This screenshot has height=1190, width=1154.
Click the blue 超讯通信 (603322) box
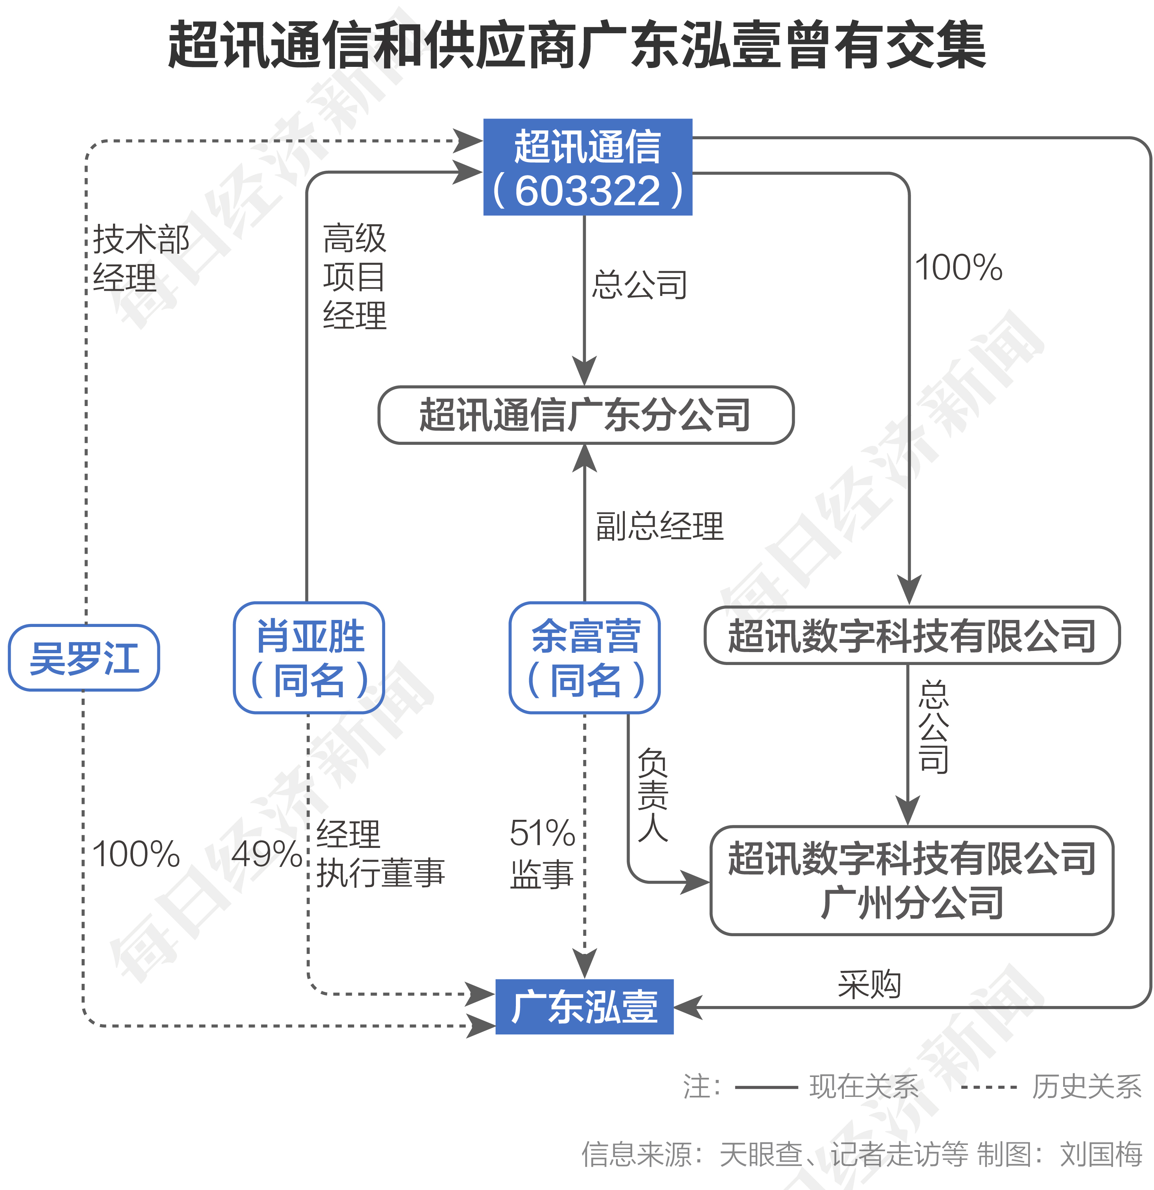(x=587, y=167)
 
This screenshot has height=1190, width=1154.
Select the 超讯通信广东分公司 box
(x=586, y=415)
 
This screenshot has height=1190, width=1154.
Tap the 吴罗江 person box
(x=84, y=658)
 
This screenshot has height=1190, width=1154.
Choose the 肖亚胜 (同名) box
(x=309, y=658)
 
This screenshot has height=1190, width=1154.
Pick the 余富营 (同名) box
(x=584, y=658)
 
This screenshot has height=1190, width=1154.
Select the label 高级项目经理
(x=355, y=276)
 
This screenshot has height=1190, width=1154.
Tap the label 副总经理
(x=660, y=526)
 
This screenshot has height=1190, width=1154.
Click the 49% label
(x=266, y=854)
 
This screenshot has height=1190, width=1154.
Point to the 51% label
(x=542, y=833)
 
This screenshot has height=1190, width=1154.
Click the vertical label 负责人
(x=653, y=795)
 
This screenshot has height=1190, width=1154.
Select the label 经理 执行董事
(x=380, y=854)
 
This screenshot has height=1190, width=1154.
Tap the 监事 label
(x=542, y=874)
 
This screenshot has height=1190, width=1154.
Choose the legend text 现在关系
(x=864, y=1087)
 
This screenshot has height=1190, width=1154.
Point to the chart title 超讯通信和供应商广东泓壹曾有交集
(x=577, y=45)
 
